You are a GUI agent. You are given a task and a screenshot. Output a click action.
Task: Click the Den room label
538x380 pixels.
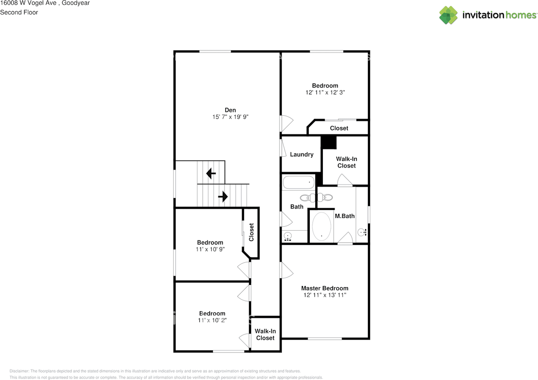(230, 110)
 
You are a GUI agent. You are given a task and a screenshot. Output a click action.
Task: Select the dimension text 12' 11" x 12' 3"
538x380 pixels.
(325, 92)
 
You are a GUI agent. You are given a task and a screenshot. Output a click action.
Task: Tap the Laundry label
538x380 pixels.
(301, 154)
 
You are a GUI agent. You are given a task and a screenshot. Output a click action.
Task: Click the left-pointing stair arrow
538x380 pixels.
(211, 173)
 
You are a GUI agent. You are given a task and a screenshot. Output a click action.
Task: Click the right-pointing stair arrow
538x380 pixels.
(223, 196)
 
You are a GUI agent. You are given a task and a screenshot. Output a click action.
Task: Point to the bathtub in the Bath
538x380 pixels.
(298, 183)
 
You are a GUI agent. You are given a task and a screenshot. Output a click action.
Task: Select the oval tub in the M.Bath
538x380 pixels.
(322, 226)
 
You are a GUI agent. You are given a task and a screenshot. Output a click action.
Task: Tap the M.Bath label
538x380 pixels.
(345, 216)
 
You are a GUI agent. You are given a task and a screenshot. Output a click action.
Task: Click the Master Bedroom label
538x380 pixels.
(324, 288)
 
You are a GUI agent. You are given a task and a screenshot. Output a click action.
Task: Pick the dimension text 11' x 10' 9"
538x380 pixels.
(210, 249)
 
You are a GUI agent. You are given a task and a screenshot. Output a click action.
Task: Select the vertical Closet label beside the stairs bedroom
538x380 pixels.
(251, 232)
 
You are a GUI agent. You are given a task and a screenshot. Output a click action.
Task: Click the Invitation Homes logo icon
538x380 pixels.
(448, 15)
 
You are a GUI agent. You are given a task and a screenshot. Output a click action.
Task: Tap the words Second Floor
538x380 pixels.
(19, 12)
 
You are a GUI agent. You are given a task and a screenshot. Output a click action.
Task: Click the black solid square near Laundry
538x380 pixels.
(329, 142)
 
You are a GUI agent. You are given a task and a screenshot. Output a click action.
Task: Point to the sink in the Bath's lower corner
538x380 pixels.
(288, 236)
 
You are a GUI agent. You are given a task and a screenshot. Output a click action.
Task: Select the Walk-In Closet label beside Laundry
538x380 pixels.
(346, 162)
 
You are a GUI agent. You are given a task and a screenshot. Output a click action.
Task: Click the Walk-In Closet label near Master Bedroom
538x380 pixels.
(265, 335)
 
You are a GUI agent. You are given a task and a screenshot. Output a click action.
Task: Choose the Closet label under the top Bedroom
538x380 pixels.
(339, 128)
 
